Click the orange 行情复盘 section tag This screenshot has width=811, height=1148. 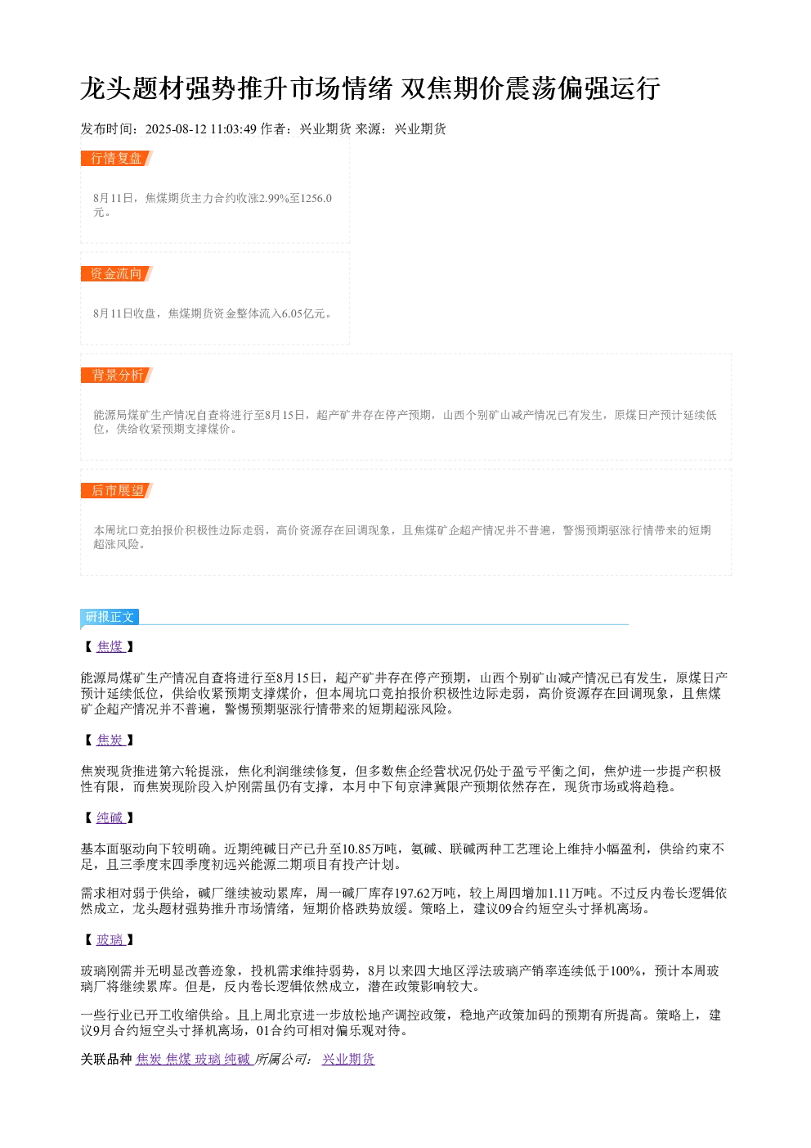[x=117, y=159]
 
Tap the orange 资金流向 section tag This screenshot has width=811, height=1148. [x=117, y=273]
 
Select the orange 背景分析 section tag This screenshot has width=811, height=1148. [x=117, y=375]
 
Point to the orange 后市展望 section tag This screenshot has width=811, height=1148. [x=117, y=490]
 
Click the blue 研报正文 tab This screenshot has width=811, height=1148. [x=110, y=616]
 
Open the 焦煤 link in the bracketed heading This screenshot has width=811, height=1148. [x=110, y=646]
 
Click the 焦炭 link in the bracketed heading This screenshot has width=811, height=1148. [x=110, y=740]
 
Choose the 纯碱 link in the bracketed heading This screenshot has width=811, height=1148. [x=110, y=817]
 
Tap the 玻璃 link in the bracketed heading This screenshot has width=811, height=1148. [x=110, y=939]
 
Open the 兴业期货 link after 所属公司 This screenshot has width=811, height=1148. [x=348, y=1059]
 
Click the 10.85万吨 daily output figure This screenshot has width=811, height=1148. [x=370, y=849]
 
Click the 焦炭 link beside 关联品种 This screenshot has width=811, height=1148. [x=149, y=1059]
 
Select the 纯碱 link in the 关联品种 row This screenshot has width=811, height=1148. [x=237, y=1059]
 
